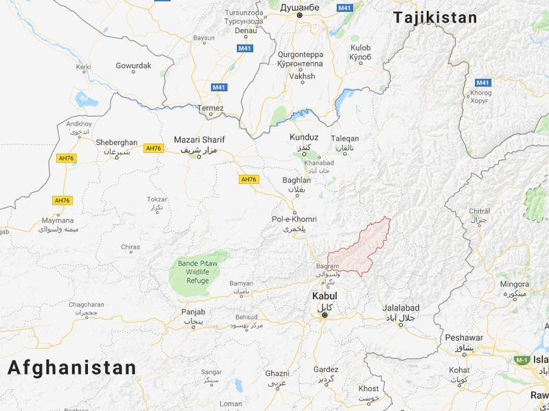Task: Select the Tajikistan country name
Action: tap(434, 19)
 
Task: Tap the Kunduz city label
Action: tap(304, 138)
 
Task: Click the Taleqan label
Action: tap(344, 138)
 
